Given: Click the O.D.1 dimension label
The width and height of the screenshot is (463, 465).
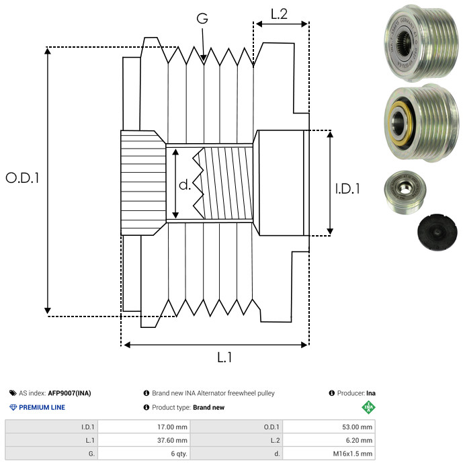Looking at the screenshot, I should (22, 178).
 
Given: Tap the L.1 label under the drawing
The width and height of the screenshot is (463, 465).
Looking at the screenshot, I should (224, 357).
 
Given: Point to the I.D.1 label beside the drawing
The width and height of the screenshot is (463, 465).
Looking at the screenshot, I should (347, 189).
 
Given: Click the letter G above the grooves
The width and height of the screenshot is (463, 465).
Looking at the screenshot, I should (202, 19).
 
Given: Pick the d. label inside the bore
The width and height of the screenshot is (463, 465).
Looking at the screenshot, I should (185, 185).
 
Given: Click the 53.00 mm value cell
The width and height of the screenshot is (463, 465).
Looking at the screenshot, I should (356, 427).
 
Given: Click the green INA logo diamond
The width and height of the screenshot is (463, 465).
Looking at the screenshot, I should (368, 407).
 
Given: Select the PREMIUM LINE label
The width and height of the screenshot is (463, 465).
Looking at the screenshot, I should (42, 407).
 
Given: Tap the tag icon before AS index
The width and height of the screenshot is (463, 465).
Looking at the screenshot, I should (13, 393).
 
